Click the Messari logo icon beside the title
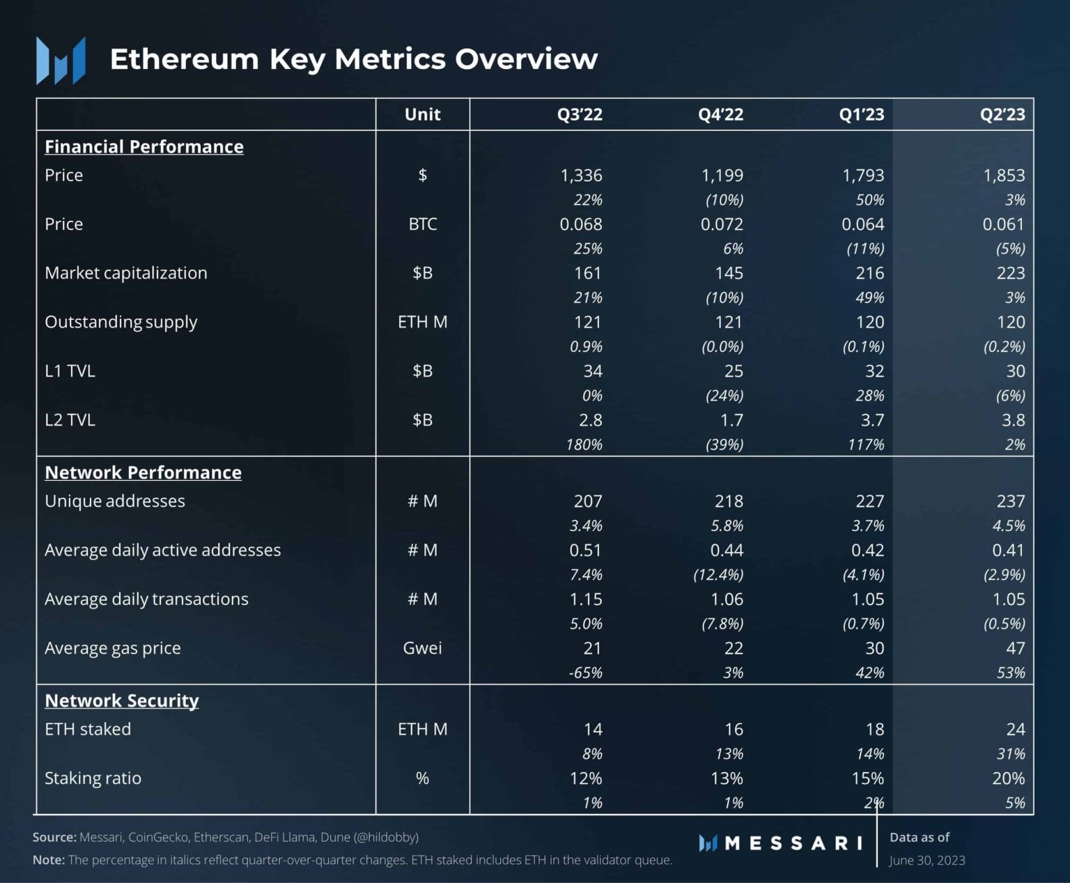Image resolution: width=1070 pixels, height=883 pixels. pos(61,61)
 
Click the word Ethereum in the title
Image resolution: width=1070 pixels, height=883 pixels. pos(184,59)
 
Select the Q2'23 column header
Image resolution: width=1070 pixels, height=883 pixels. pos(1002,114)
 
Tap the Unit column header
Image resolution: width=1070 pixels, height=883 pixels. pos(422,114)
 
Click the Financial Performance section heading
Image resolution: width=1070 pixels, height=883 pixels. pos(144,146)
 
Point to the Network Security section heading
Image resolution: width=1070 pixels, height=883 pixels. pos(122,700)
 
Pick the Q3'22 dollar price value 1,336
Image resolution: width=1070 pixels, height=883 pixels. pos(581,176)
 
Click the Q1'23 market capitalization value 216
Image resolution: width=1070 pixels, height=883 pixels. pos(869,273)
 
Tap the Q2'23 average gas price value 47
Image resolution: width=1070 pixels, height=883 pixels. pos(1015,648)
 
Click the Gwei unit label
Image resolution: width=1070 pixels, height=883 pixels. pos(422,648)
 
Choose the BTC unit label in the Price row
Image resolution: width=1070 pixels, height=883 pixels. pos(422,224)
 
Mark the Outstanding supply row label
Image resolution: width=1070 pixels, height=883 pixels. pos(121,322)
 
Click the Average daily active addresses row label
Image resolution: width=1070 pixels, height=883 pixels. pos(162,550)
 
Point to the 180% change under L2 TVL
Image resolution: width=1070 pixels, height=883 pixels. pos(584,445)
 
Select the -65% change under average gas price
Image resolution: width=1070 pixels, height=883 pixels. pos(585,673)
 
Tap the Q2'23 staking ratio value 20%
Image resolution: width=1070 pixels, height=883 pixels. pos(1008,778)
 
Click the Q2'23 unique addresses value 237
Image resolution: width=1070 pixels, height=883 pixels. pos(1010,501)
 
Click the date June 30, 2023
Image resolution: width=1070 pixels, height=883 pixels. pos(926,860)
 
